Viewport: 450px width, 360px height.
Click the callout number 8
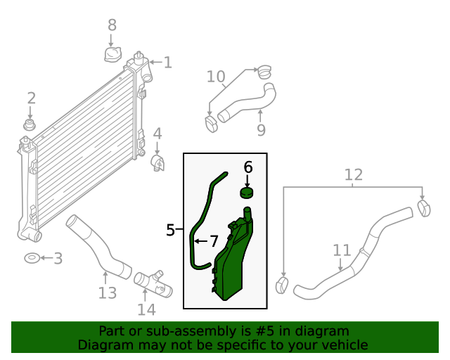pos(112,25)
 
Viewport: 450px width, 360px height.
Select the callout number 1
pos(167,63)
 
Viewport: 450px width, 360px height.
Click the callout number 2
pos(31,98)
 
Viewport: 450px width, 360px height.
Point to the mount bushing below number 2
pos(30,125)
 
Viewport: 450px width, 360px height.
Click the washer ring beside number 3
pos(32,259)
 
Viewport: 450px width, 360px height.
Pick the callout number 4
pos(157,133)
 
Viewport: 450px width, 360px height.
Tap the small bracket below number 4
pos(157,163)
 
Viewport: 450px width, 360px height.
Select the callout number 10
pos(216,76)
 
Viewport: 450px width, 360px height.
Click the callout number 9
pos(261,129)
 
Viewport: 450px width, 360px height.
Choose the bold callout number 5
pos(171,230)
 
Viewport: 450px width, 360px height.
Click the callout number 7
pos(214,241)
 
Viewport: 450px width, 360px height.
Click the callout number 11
pos(341,250)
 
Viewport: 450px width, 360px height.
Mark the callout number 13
pos(107,292)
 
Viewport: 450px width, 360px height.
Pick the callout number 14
pos(146,309)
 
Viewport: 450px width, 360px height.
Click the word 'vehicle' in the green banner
pos(342,345)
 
